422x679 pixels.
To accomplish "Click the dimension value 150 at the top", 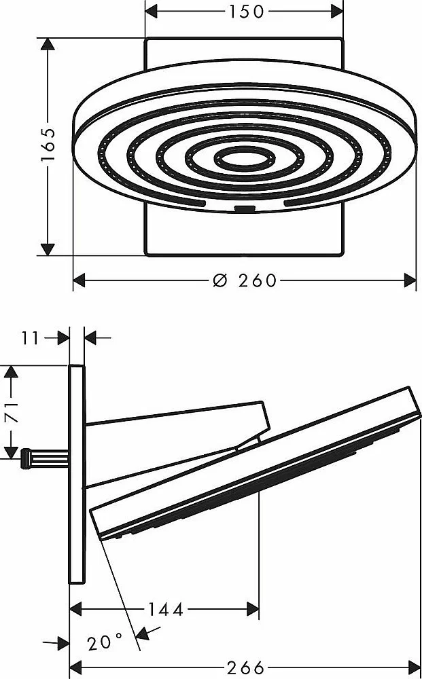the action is [246, 12].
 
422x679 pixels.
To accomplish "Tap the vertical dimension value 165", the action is [48, 145].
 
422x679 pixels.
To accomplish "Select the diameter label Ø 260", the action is [245, 280].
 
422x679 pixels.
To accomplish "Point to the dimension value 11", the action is [31, 338].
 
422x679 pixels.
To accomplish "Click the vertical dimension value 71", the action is [12, 411].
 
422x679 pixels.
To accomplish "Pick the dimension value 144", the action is [166, 610].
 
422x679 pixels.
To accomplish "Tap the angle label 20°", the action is [105, 642].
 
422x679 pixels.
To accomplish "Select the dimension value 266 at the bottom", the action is [246, 667].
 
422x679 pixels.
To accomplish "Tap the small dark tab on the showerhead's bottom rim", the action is [245, 209].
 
